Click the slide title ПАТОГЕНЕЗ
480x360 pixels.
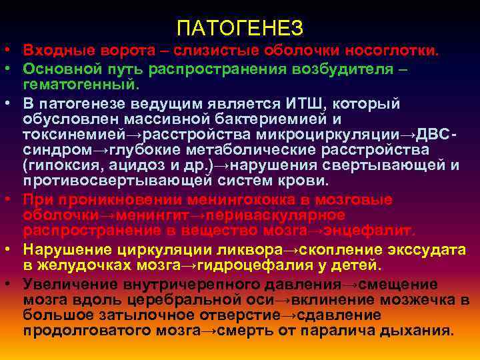point(240,28)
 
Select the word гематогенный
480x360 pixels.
point(79,85)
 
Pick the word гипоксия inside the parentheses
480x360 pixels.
point(57,165)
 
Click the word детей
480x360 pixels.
point(355,265)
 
